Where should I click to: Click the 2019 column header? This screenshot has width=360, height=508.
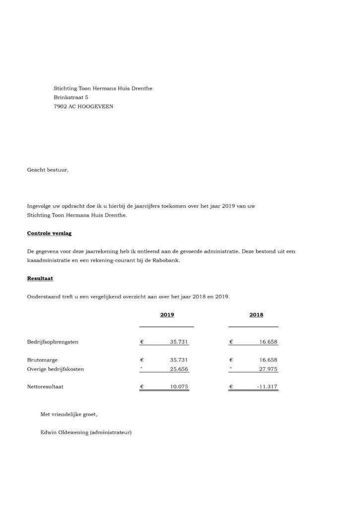[167, 315]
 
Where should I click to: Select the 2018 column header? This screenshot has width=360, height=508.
[256, 315]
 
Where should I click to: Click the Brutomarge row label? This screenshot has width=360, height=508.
[43, 360]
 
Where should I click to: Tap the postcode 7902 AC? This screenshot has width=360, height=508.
[65, 106]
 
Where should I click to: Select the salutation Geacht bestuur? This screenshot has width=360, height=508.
[48, 170]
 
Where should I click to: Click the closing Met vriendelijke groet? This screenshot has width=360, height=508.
[72, 414]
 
